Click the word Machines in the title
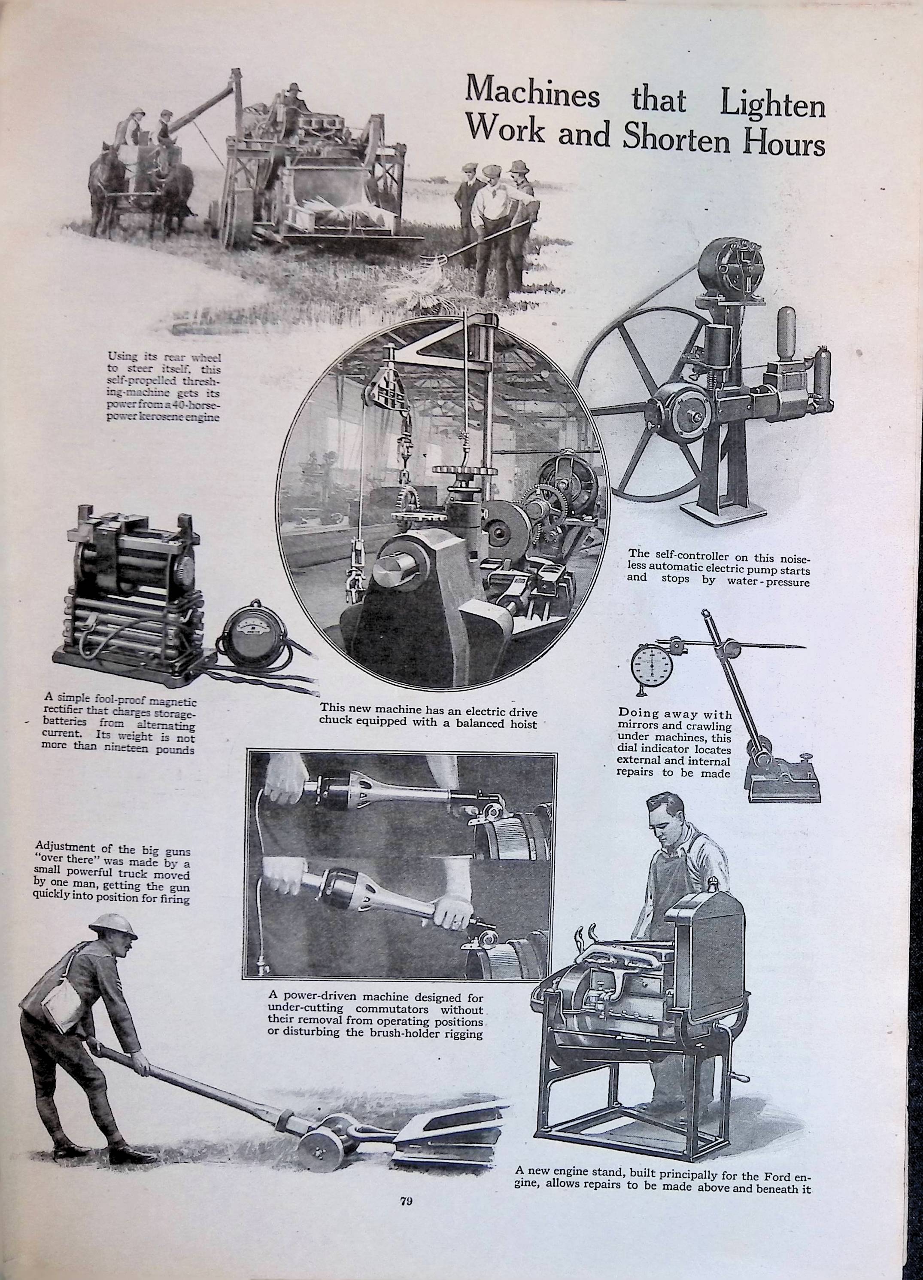point(534,94)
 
